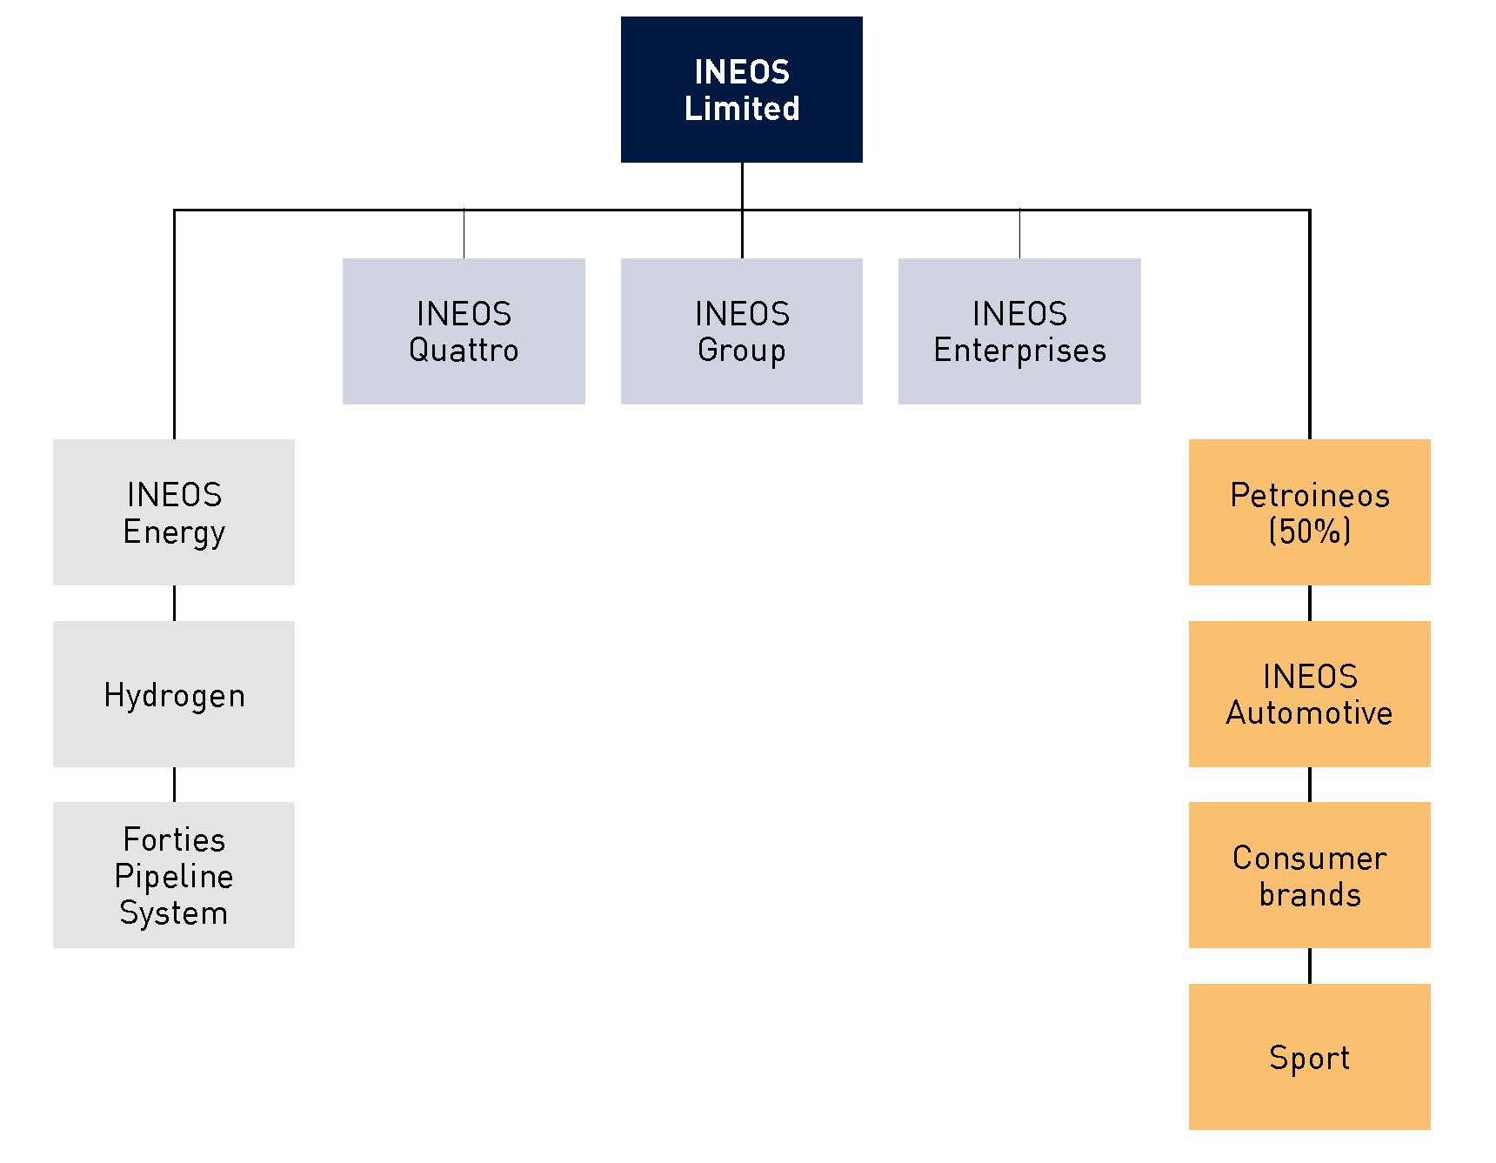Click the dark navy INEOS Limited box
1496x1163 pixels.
click(741, 89)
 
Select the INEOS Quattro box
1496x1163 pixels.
click(464, 331)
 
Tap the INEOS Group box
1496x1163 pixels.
click(741, 331)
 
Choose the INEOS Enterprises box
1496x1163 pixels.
click(1018, 331)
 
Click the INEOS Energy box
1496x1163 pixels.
click(174, 511)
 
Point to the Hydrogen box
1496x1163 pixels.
click(174, 693)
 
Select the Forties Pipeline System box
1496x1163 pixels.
click(174, 874)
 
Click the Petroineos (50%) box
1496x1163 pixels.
click(1309, 511)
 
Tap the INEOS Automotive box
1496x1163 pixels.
click(1309, 693)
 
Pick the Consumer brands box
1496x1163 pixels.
click(1309, 874)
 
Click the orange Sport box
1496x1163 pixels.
click(1309, 1056)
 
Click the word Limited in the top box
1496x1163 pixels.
click(741, 109)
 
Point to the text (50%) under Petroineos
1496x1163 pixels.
click(1309, 531)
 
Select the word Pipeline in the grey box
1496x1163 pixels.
click(174, 876)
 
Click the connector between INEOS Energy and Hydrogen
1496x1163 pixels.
click(174, 603)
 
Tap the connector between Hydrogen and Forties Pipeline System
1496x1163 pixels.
click(174, 784)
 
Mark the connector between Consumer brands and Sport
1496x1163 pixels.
click(1309, 966)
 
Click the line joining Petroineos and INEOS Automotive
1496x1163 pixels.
click(1309, 603)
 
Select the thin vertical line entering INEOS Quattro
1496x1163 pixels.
click(464, 234)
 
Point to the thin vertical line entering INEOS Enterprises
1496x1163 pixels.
click(1019, 234)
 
